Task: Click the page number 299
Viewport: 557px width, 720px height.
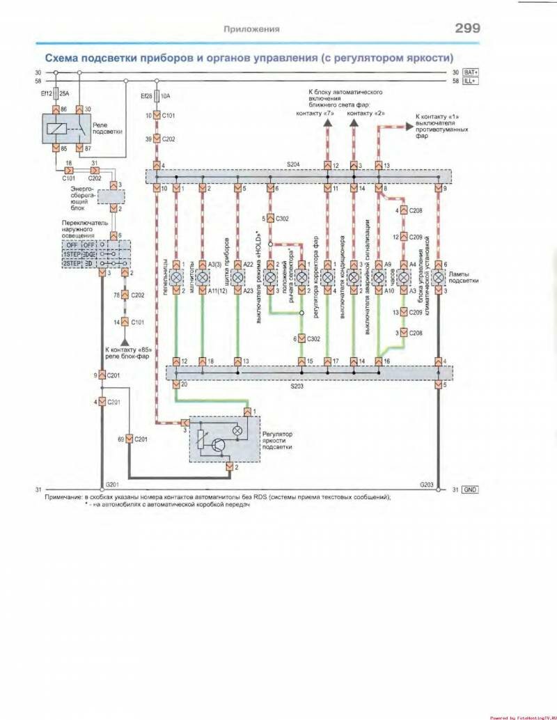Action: click(x=467, y=29)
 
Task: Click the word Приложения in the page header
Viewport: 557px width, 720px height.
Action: click(x=251, y=29)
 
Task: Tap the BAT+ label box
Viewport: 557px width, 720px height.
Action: click(x=471, y=72)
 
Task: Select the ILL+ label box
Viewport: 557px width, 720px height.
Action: click(x=471, y=81)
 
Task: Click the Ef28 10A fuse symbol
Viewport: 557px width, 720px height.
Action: click(x=157, y=96)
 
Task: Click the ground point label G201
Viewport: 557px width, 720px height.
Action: click(x=111, y=483)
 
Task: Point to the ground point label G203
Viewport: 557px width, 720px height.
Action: click(x=427, y=483)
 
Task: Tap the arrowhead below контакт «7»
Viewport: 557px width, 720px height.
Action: click(x=328, y=124)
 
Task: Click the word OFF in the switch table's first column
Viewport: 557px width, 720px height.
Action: click(x=72, y=245)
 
